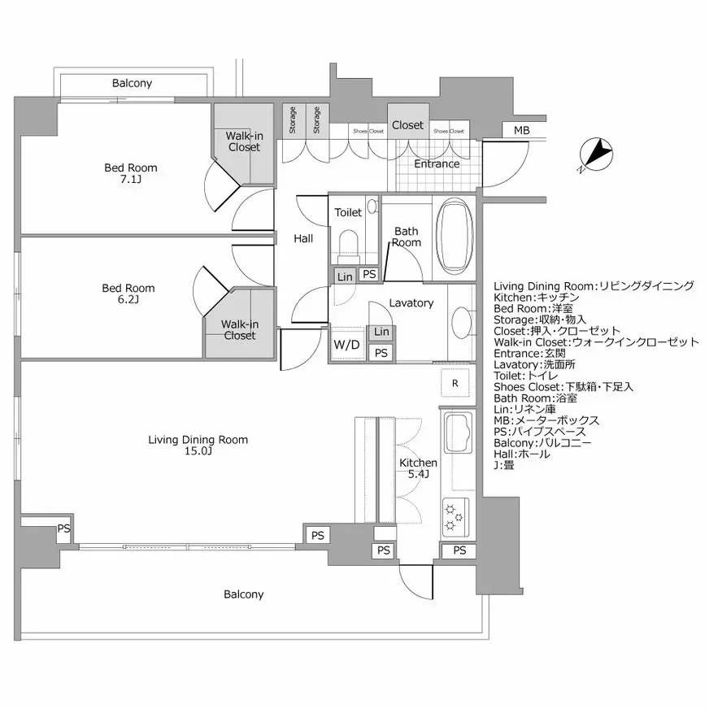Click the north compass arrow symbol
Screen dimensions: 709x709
tap(599, 154)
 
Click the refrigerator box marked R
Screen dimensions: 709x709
tap(455, 382)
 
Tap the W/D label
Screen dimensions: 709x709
tap(346, 344)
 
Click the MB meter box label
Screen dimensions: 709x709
tap(521, 131)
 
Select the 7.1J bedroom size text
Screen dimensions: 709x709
tap(130, 181)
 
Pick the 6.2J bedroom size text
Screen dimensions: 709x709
tap(128, 300)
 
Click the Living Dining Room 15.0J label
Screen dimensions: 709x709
tap(198, 446)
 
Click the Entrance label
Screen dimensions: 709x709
tap(437, 164)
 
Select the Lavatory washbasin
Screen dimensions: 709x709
tap(459, 320)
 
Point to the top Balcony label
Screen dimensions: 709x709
tap(132, 84)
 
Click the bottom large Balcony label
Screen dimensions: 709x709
tap(244, 594)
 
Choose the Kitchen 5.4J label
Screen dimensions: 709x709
tap(418, 468)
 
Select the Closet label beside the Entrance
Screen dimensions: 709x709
tap(407, 125)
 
